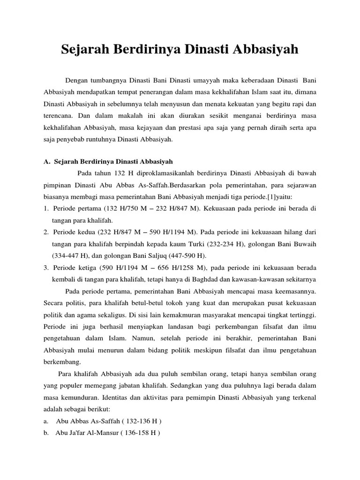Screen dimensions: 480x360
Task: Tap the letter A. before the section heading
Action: pos(46,162)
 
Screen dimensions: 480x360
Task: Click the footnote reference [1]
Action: pos(260,197)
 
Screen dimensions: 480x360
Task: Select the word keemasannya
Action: pos(293,292)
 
